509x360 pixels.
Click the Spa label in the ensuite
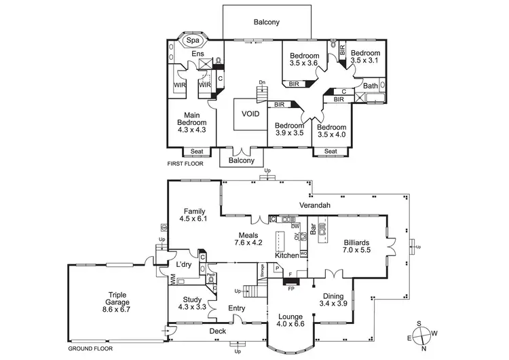[193, 41]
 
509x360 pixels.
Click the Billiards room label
[356, 242]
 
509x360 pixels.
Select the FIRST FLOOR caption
[186, 164]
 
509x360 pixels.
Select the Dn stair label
[262, 82]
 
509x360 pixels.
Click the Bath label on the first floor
[370, 86]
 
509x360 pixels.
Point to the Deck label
[217, 331]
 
